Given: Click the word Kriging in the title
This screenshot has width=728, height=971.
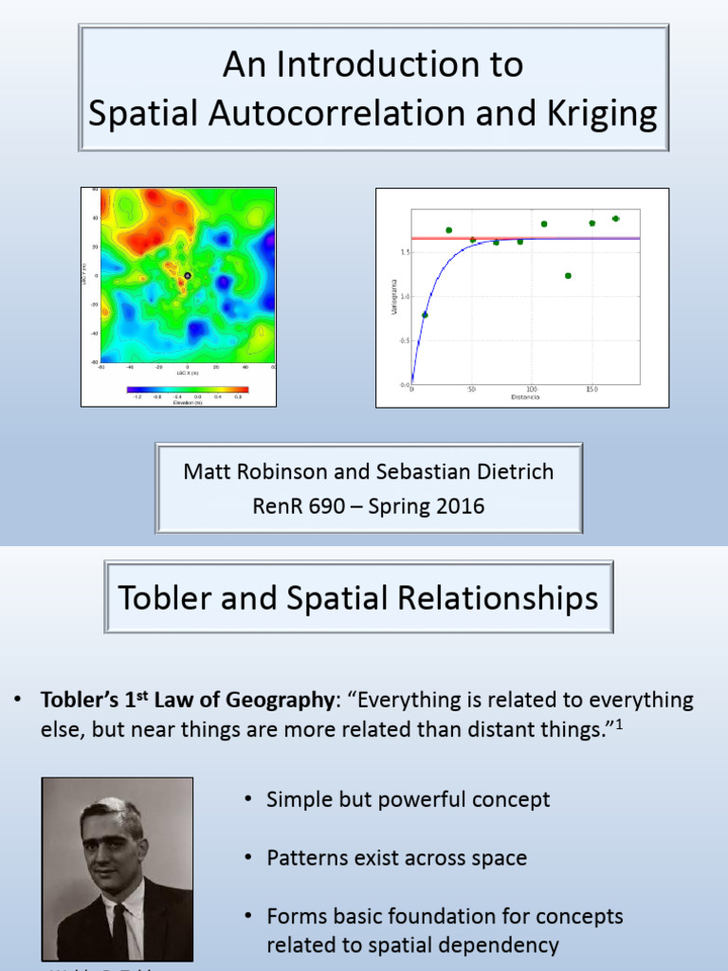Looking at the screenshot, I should click(602, 114).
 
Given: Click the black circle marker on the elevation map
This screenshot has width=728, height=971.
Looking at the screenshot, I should click(188, 276).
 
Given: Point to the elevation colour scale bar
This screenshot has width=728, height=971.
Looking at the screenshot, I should click(187, 390).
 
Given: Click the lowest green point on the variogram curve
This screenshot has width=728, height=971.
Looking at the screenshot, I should click(425, 315).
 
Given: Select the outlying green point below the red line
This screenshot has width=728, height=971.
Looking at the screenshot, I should click(568, 276).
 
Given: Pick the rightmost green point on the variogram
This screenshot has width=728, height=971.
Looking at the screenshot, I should click(615, 219).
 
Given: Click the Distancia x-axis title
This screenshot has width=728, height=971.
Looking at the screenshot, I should click(525, 398).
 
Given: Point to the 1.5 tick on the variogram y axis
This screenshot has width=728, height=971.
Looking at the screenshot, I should click(404, 252).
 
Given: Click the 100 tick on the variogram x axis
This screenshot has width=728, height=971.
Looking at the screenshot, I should click(532, 390).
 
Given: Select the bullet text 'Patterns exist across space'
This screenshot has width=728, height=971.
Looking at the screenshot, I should click(396, 858).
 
